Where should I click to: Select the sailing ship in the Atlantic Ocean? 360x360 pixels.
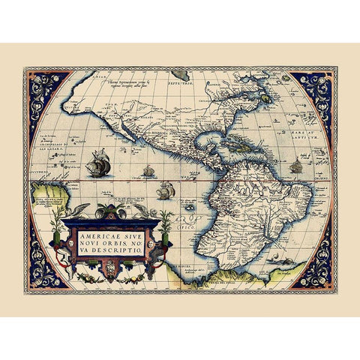[296, 166]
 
